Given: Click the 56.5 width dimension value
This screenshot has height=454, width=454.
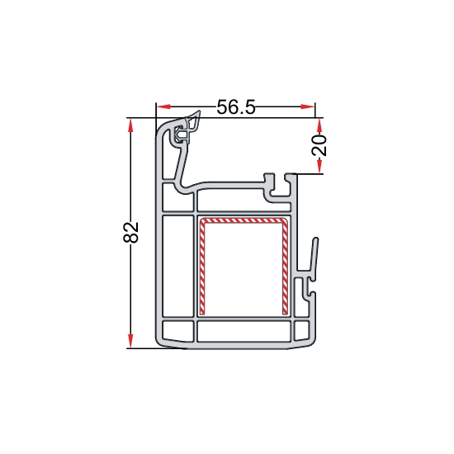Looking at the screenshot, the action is (236, 106).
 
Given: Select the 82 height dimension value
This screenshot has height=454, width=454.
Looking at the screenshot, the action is (131, 232).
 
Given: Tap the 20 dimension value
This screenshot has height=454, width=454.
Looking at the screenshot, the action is (319, 145).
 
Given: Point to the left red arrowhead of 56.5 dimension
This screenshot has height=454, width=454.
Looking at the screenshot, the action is (163, 106).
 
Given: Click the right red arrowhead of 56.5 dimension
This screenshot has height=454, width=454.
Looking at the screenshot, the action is (308, 106).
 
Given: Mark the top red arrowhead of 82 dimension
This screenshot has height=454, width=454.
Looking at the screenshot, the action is (130, 125).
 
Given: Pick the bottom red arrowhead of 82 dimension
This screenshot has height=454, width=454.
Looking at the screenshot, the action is (130, 341).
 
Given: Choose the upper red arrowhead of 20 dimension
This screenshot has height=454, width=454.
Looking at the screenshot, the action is (319, 125).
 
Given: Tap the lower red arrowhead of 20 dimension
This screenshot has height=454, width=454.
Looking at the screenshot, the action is (319, 167).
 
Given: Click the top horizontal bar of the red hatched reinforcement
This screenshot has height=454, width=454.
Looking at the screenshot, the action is (244, 220).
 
